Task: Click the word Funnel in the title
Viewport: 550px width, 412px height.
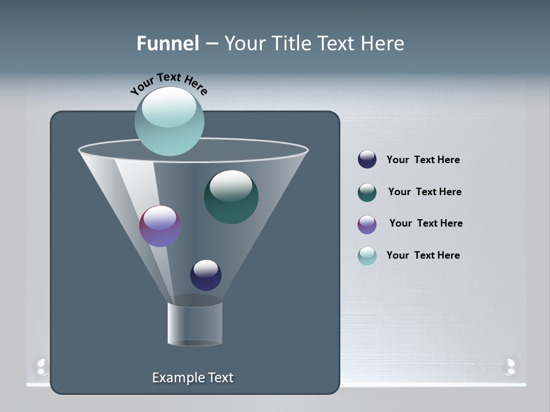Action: click(168, 43)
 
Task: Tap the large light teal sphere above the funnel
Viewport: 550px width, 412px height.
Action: click(169, 121)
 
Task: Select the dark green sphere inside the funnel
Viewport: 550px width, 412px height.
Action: click(231, 197)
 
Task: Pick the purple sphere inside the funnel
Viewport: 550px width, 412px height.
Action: click(160, 226)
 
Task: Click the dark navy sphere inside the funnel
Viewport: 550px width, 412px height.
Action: click(206, 275)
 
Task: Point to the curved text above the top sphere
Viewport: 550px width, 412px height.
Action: click(168, 84)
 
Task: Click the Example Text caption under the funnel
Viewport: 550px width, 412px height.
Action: click(192, 378)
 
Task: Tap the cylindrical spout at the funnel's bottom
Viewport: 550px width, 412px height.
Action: click(195, 323)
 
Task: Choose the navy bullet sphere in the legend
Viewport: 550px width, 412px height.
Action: click(367, 160)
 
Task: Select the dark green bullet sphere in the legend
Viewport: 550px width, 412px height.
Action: click(367, 192)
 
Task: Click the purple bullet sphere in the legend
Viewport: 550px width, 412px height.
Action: click(367, 224)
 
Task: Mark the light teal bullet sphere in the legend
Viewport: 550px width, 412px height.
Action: click(367, 256)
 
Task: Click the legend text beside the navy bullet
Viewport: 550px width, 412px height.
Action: click(423, 160)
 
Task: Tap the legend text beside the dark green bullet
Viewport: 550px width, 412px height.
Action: click(425, 192)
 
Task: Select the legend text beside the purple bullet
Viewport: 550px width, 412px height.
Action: click(426, 224)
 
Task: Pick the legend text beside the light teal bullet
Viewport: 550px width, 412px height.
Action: click(423, 256)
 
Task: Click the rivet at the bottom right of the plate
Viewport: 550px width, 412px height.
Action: click(510, 366)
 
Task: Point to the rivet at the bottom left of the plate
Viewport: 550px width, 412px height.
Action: click(41, 366)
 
